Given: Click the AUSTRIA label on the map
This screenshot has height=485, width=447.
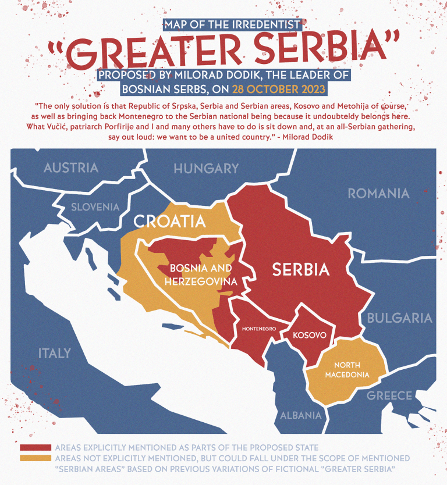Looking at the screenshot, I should [x=71, y=168].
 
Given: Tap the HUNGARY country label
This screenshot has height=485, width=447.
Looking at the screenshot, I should [x=206, y=169].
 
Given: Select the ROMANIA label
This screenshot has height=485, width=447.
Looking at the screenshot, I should [x=378, y=194].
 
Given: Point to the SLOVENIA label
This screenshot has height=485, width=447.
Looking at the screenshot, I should [x=95, y=206].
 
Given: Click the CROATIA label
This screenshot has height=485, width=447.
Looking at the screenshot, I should [x=169, y=222].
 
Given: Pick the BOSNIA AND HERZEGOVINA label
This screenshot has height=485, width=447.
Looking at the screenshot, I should [x=201, y=274].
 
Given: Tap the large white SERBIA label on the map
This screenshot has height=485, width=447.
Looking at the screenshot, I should [x=301, y=269].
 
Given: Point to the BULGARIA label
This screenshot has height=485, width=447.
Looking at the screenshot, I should [x=399, y=318].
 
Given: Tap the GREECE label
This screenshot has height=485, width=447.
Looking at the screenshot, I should [x=389, y=396].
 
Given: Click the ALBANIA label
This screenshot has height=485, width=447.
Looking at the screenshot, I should [x=301, y=415].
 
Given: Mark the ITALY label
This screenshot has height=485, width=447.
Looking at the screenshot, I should [x=55, y=353].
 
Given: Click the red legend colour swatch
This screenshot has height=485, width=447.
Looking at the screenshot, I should [x=36, y=448].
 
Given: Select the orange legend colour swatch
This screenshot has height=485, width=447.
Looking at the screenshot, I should [x=36, y=458].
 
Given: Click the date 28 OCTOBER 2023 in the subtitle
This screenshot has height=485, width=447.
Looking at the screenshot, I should [x=278, y=90].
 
